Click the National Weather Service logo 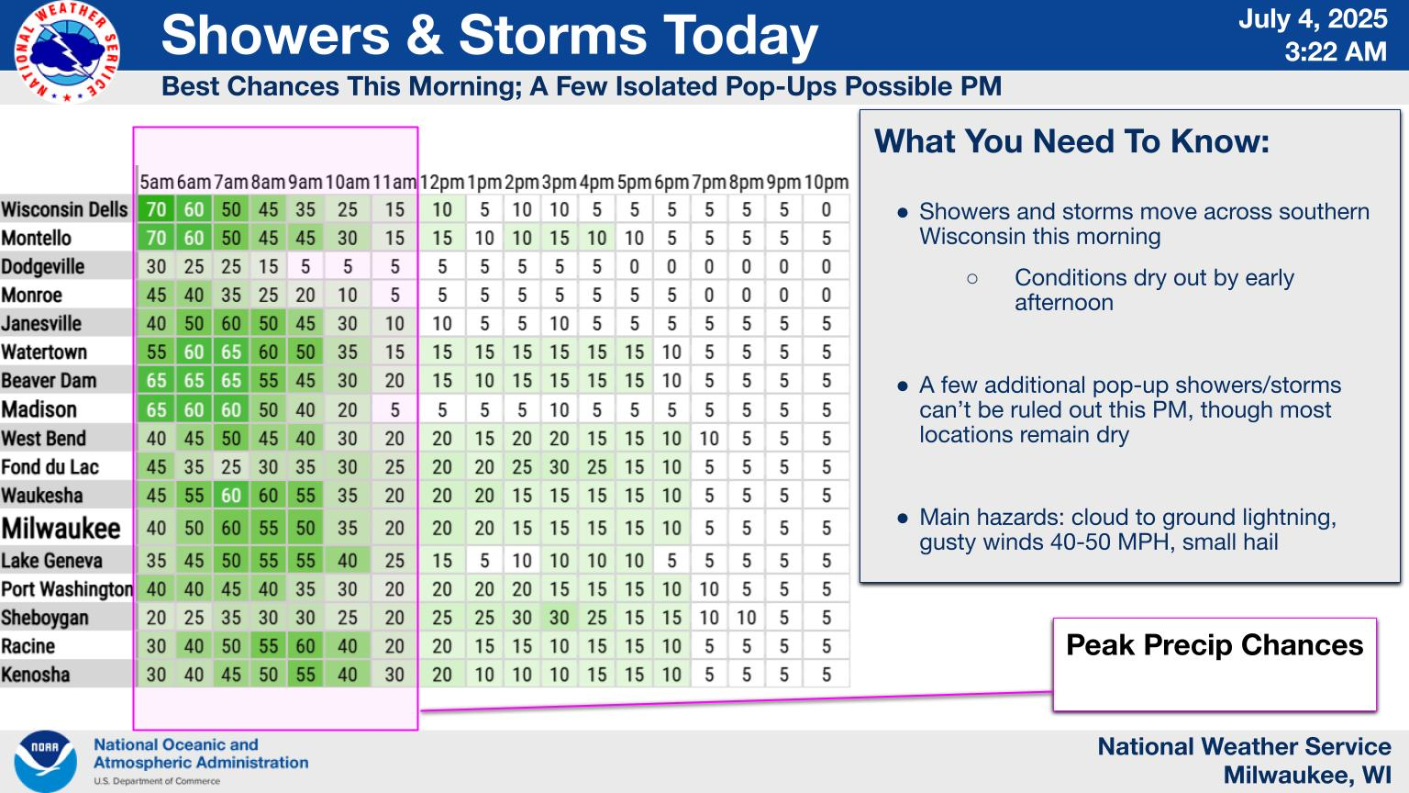pyautogui.click(x=67, y=51)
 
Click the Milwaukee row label pyautogui.click(x=61, y=528)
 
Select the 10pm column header pyautogui.click(x=826, y=182)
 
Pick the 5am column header pyautogui.click(x=156, y=182)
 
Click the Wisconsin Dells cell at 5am pyautogui.click(x=156, y=209)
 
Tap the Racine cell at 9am pyautogui.click(x=305, y=646)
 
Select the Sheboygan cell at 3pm pyautogui.click(x=560, y=618)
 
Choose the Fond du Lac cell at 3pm pyautogui.click(x=560, y=467)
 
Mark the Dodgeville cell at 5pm pyautogui.click(x=634, y=267)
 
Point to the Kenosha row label pyautogui.click(x=36, y=675)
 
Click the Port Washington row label pyautogui.click(x=67, y=589)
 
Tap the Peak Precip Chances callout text pyautogui.click(x=1215, y=645)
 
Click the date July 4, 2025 pyautogui.click(x=1313, y=19)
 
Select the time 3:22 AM pyautogui.click(x=1336, y=51)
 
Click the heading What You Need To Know pyautogui.click(x=1071, y=141)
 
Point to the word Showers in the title pyautogui.click(x=275, y=35)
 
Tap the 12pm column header pyautogui.click(x=441, y=182)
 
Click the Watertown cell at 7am pyautogui.click(x=231, y=352)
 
